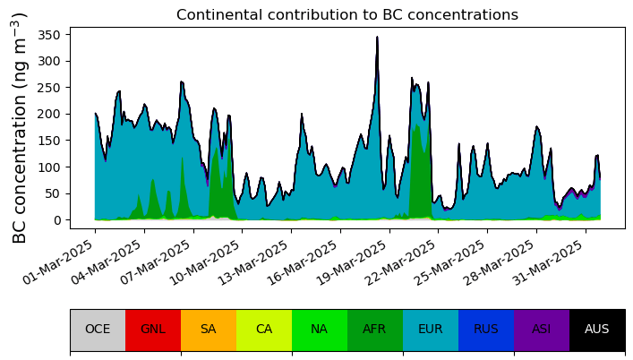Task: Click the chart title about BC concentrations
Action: click(347, 15)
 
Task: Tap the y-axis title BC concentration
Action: click(20, 128)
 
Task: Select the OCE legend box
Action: click(98, 330)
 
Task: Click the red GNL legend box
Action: click(153, 330)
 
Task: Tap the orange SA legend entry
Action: click(209, 330)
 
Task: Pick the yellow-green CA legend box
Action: click(264, 330)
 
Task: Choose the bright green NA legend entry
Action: click(320, 330)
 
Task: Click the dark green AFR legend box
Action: click(375, 330)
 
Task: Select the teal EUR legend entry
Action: click(431, 330)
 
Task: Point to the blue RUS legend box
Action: click(486, 330)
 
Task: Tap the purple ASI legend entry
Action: click(542, 330)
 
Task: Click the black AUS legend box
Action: click(597, 330)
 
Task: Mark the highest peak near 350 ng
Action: click(378, 37)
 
